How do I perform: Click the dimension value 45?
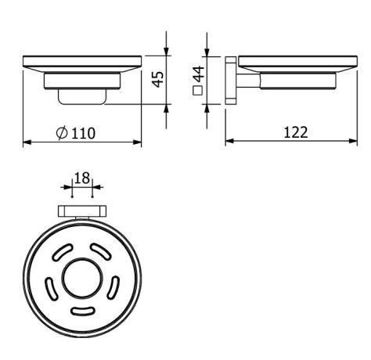coord(157,78)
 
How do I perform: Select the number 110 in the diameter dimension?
coord(82,133)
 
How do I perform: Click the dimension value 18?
coord(82,179)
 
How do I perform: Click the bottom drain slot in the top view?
coord(82,312)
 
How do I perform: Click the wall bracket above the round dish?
coord(82,211)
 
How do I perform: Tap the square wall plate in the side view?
coord(230,80)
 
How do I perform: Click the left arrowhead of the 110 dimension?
coord(27,142)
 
